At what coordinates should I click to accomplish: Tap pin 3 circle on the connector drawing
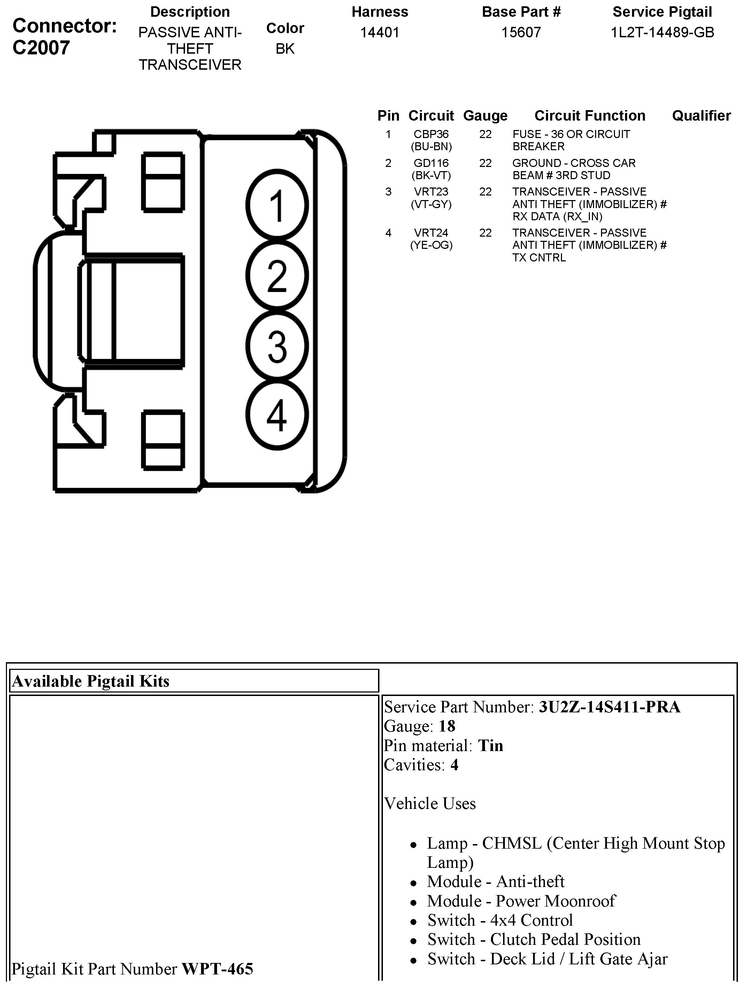(277, 346)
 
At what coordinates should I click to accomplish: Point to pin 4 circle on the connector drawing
(277, 415)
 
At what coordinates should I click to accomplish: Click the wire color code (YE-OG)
(431, 245)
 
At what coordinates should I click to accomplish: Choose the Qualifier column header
(701, 116)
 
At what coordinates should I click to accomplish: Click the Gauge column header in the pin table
(485, 116)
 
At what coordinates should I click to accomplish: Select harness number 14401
(379, 32)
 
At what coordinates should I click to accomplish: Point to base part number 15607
(521, 32)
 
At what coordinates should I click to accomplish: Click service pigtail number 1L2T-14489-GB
(662, 32)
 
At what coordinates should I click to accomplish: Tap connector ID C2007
(41, 48)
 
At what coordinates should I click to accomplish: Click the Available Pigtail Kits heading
(91, 681)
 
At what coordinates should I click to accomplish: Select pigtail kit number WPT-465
(217, 969)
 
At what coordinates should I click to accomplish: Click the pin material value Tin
(490, 745)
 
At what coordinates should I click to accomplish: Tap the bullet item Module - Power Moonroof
(521, 901)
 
